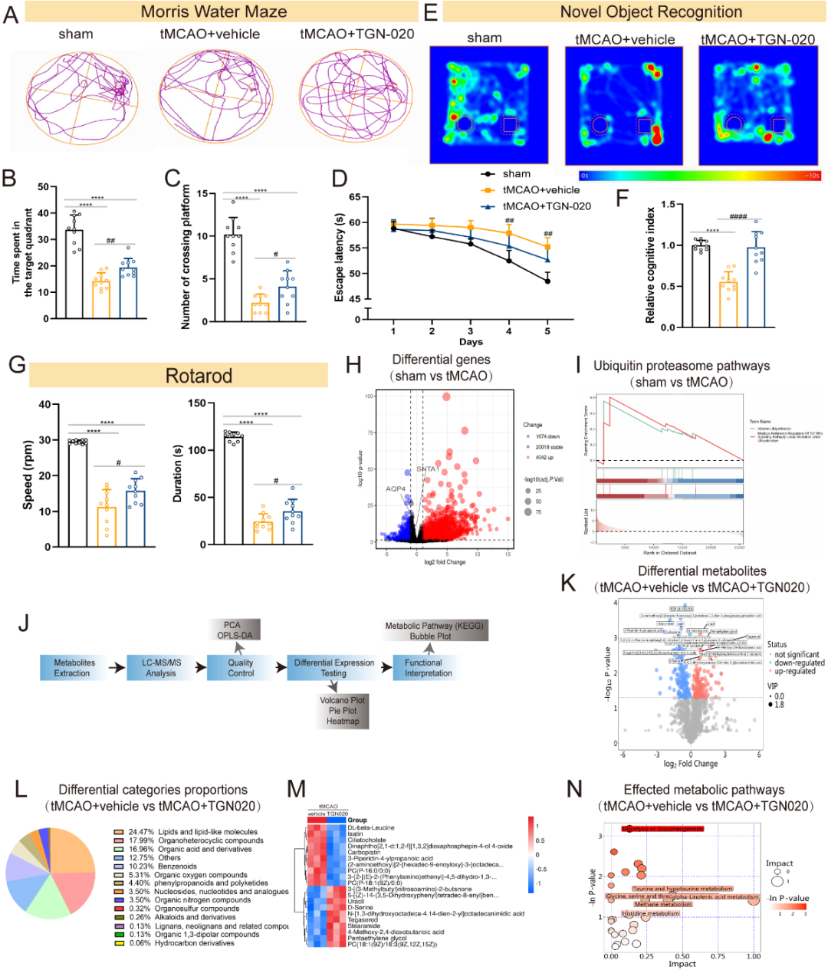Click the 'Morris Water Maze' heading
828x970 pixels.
(x=214, y=12)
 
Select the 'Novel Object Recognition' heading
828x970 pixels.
(x=651, y=12)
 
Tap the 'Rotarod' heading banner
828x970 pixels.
(x=199, y=376)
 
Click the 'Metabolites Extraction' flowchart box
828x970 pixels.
(x=74, y=668)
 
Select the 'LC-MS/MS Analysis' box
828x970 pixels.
(x=161, y=668)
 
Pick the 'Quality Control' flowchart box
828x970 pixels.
(x=240, y=668)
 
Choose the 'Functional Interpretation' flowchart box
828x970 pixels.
(x=426, y=668)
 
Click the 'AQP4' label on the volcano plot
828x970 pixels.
(x=396, y=488)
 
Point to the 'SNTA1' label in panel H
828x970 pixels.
(x=428, y=469)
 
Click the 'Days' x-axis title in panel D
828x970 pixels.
(x=471, y=342)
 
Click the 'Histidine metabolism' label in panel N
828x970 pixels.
(x=650, y=913)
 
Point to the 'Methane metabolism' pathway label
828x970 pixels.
(x=663, y=905)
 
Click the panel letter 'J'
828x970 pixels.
(x=25, y=622)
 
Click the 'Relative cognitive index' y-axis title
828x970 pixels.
(x=650, y=265)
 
